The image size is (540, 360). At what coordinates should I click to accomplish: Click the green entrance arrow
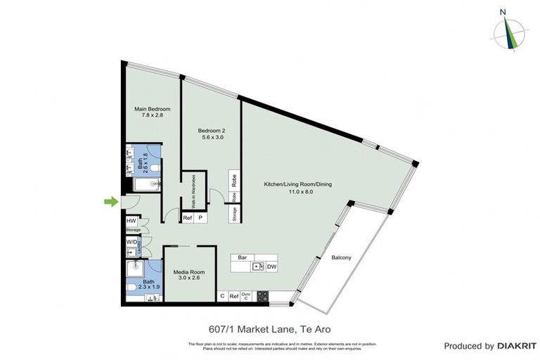tap(110, 202)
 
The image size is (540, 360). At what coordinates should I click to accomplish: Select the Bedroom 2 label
tap(211, 131)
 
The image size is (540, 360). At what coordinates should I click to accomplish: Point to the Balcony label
tap(341, 258)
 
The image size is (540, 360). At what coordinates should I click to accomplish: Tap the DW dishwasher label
tap(271, 266)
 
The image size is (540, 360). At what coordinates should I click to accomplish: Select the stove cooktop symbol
tap(262, 297)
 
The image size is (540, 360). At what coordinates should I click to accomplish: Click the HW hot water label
tap(131, 221)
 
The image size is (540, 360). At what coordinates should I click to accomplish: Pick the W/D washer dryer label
tap(131, 242)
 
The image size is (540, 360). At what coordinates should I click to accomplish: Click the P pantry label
tap(200, 219)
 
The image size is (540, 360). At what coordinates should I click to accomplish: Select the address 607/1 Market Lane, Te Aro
tap(270, 328)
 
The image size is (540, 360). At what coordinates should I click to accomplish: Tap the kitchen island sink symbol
tap(258, 266)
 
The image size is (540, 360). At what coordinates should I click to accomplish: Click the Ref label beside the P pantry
tap(188, 219)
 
